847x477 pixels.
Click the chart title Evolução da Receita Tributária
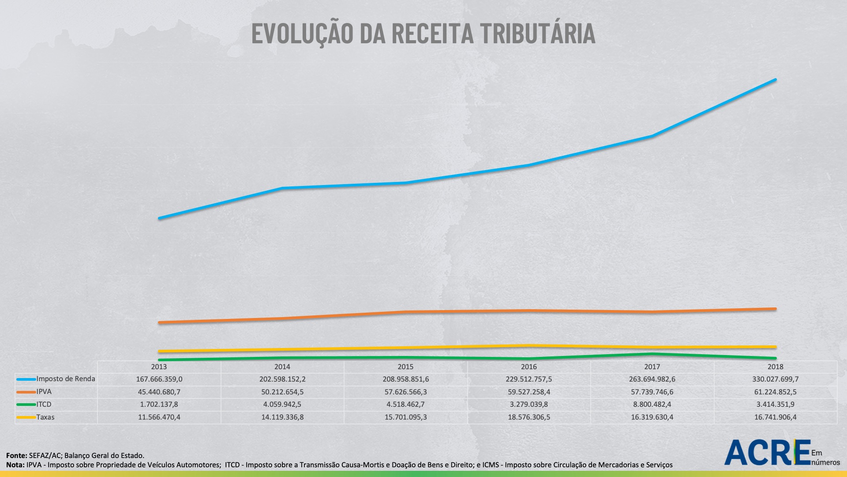(x=423, y=34)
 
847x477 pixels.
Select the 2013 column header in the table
(x=159, y=367)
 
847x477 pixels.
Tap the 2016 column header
(x=528, y=367)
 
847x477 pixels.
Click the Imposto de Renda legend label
(x=65, y=379)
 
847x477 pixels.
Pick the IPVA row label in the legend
(x=44, y=392)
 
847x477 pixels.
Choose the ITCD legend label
(x=44, y=405)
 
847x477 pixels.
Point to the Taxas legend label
(x=45, y=417)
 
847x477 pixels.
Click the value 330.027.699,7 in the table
(x=775, y=379)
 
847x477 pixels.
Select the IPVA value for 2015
(x=405, y=392)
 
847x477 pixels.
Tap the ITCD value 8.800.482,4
(x=652, y=405)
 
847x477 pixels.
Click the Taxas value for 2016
(x=528, y=417)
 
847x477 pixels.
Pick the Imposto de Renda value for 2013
(x=159, y=379)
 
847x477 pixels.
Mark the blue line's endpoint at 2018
(x=775, y=80)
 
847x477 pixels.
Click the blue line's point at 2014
(x=282, y=188)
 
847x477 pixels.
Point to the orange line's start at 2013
(x=159, y=322)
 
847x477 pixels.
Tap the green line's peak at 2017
(x=652, y=354)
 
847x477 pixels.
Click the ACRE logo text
(x=768, y=452)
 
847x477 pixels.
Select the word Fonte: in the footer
(x=17, y=455)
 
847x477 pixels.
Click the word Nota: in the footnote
(x=15, y=465)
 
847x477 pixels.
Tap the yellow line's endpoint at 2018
(x=775, y=347)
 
